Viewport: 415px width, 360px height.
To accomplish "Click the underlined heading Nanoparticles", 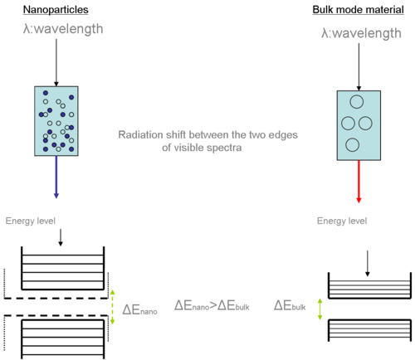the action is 56,10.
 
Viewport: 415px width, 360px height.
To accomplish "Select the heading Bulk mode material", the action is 358,10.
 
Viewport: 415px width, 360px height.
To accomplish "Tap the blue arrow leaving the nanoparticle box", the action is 56,177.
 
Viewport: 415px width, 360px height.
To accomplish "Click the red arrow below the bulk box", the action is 359,182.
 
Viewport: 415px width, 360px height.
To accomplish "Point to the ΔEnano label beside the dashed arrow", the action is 139,309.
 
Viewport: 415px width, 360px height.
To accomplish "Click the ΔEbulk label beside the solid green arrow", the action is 290,305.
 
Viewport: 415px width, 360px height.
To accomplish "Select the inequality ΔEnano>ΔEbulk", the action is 212,305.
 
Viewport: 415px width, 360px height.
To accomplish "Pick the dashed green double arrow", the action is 112,307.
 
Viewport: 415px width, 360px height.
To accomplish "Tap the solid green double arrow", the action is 320,309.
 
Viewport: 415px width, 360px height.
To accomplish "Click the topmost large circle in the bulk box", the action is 357,102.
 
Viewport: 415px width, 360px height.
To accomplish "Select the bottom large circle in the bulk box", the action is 353,145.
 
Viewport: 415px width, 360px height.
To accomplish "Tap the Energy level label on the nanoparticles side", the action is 31,221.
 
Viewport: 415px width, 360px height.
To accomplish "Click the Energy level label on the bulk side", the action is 342,221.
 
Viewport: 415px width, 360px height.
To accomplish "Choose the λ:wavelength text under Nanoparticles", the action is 63,29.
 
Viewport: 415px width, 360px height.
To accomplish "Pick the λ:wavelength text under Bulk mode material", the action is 361,34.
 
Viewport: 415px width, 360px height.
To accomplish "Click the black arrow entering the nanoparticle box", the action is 56,62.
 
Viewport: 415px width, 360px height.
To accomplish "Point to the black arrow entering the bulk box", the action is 359,67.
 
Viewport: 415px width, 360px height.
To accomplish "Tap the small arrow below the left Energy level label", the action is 61,237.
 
